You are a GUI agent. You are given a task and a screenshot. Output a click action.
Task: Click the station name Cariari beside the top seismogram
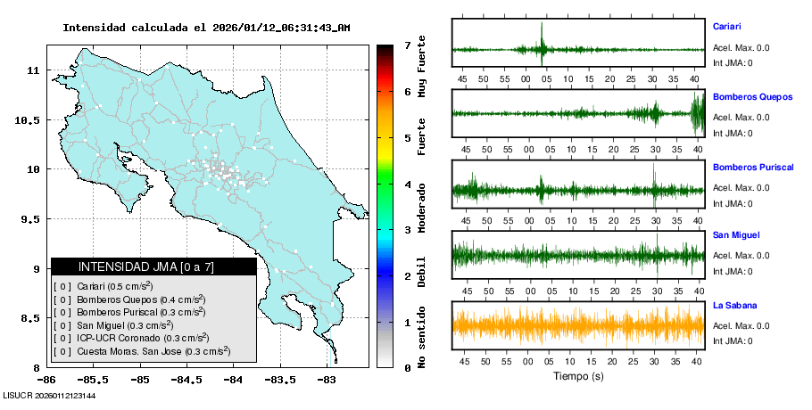tap(726, 27)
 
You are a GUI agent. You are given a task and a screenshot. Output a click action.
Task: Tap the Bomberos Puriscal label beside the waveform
tap(753, 167)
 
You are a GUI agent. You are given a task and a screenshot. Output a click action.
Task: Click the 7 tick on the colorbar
tap(407, 45)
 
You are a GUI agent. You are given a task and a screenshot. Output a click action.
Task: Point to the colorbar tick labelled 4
tap(407, 184)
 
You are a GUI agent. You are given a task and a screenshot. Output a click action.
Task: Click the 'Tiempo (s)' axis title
tap(578, 376)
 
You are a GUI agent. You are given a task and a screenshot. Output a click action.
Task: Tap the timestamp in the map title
tap(282, 28)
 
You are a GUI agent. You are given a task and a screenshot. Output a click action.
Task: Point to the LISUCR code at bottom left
tap(49, 395)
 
